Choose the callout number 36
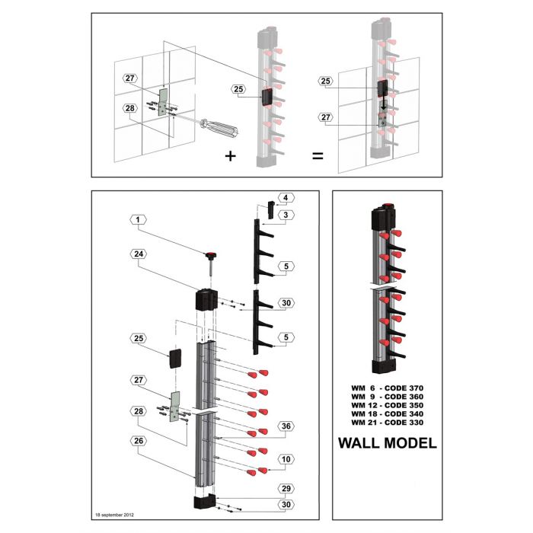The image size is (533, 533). pyautogui.click(x=286, y=427)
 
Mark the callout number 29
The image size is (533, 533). pyautogui.click(x=286, y=489)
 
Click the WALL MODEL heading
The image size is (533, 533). pyautogui.click(x=387, y=443)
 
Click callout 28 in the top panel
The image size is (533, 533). pyautogui.click(x=130, y=108)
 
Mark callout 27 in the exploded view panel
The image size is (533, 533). pyautogui.click(x=139, y=379)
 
